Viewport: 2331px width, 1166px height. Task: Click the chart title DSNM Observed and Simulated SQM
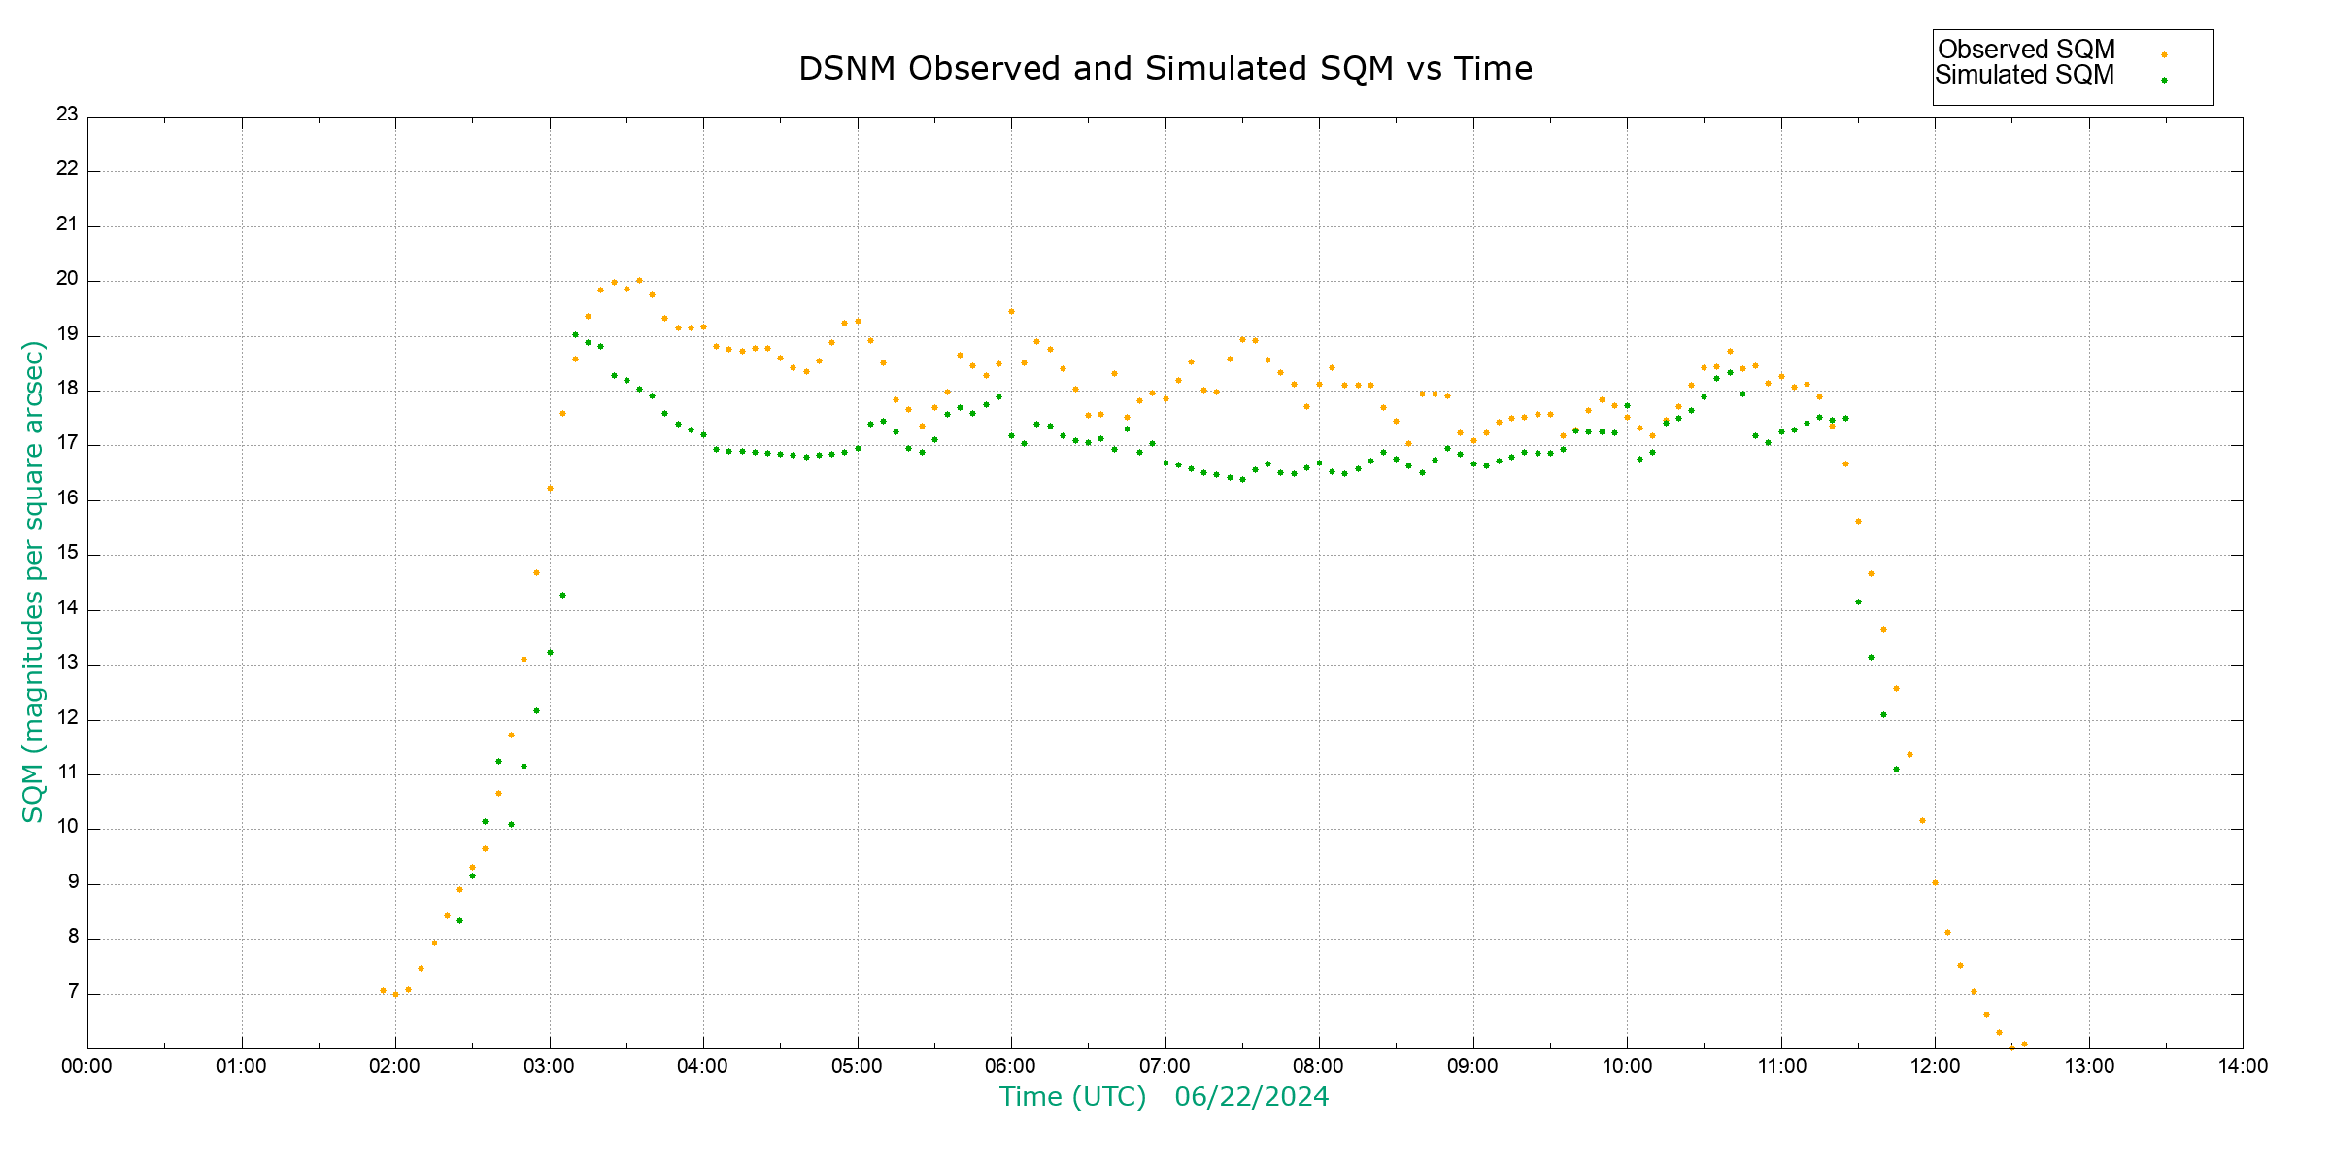(x=1165, y=69)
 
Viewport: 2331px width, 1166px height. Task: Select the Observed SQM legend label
(x=2026, y=50)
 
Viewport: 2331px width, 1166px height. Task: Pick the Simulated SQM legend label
(x=2024, y=75)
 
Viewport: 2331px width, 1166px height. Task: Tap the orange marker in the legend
(x=2164, y=54)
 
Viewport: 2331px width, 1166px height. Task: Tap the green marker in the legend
(x=2164, y=80)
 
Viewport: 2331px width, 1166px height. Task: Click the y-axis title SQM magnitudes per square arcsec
(x=33, y=581)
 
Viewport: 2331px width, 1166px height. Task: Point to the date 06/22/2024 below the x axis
(x=1251, y=1097)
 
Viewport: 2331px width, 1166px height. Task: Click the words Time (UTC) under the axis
(x=1072, y=1097)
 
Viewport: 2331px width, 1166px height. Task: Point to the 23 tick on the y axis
(x=67, y=115)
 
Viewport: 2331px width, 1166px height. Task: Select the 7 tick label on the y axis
(x=73, y=992)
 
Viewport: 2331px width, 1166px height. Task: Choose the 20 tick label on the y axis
(x=67, y=279)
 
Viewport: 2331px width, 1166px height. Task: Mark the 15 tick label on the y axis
(x=67, y=553)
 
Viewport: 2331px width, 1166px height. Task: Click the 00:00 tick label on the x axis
(x=86, y=1066)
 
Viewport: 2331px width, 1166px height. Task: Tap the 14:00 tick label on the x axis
(x=2243, y=1066)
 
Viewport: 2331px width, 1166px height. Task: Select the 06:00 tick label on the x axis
(x=1010, y=1066)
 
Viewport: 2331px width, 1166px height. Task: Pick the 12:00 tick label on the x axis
(x=1935, y=1066)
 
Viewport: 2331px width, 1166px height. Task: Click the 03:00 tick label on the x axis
(x=549, y=1066)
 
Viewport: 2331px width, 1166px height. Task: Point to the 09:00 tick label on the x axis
(x=1472, y=1066)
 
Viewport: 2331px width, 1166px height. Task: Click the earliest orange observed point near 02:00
(x=383, y=990)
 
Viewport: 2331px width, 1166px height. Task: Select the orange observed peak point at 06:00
(x=1011, y=311)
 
